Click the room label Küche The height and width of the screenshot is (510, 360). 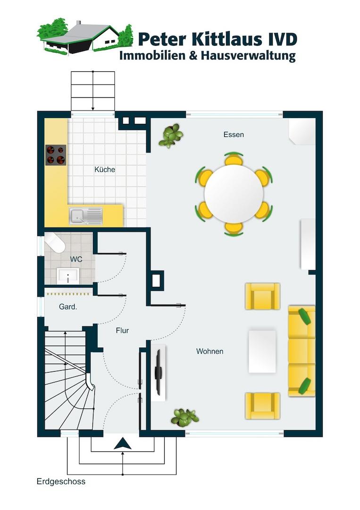click(x=105, y=170)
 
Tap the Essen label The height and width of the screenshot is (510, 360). click(x=234, y=135)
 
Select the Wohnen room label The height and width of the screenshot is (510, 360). click(x=209, y=351)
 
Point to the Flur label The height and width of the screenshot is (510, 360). click(x=122, y=331)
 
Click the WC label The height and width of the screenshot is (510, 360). click(x=76, y=259)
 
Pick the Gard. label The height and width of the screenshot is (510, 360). click(x=68, y=306)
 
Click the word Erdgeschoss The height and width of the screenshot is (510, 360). click(x=61, y=481)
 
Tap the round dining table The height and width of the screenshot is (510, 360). click(x=234, y=194)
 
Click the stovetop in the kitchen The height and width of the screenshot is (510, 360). click(x=56, y=155)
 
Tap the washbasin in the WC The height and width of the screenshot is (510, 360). click(x=68, y=276)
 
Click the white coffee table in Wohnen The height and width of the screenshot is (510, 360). click(x=262, y=351)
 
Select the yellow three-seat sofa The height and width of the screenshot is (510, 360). click(x=301, y=351)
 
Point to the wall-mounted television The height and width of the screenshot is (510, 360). click(x=159, y=373)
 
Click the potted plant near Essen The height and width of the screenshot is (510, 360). click(x=171, y=136)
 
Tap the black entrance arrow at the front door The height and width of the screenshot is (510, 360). click(x=123, y=443)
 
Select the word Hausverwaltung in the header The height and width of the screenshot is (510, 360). click(x=248, y=55)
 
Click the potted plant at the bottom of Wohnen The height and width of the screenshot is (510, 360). click(x=184, y=417)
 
